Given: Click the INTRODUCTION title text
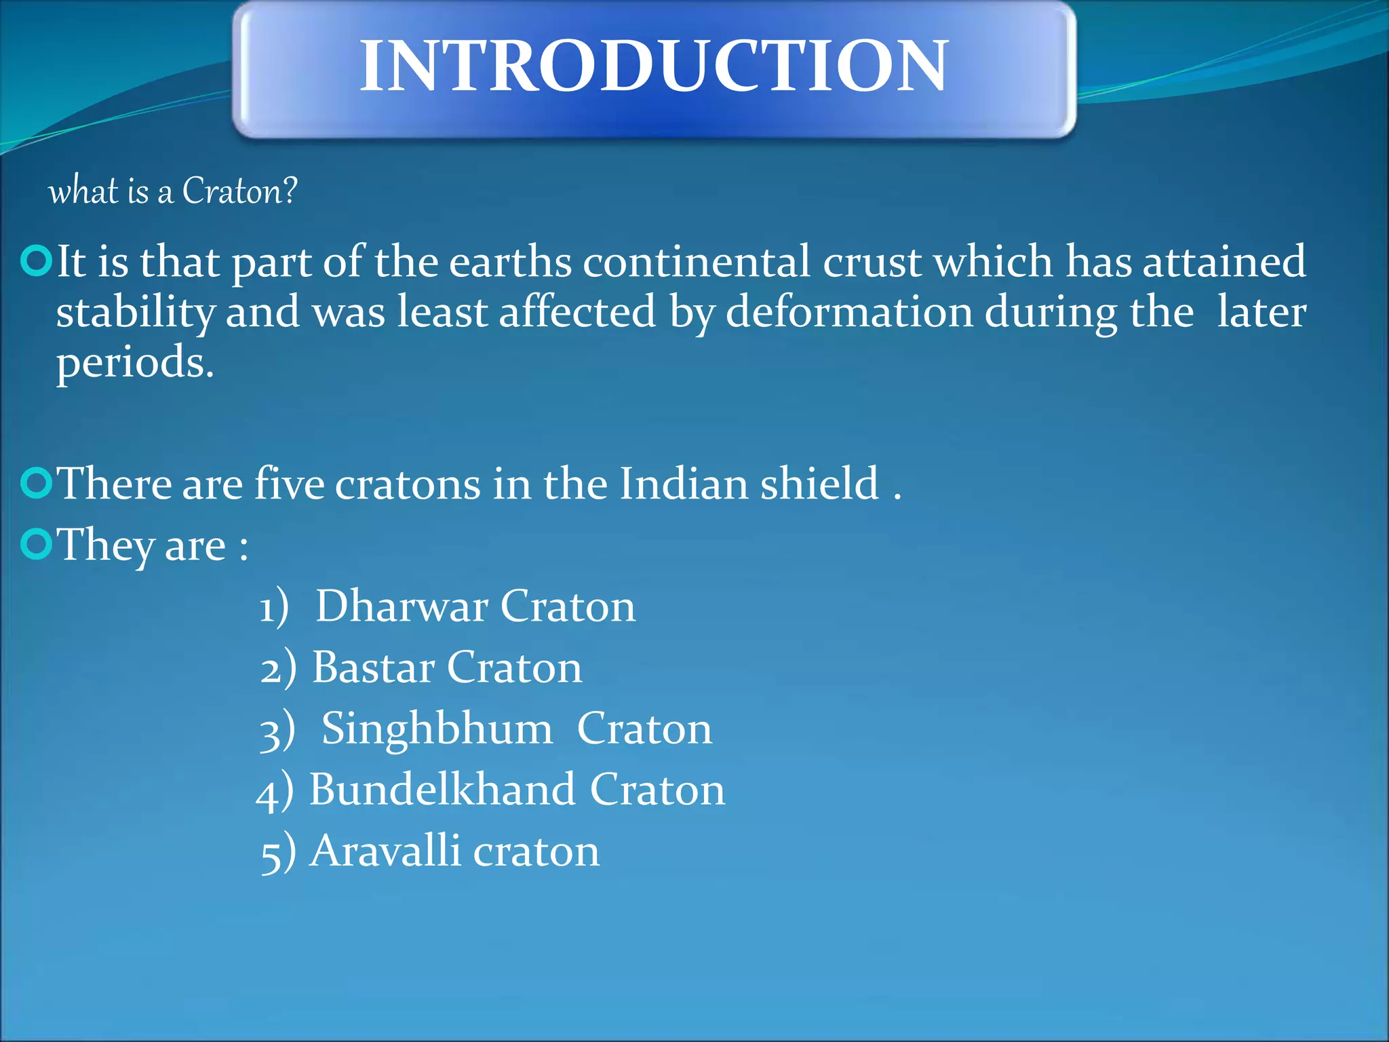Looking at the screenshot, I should (x=653, y=66).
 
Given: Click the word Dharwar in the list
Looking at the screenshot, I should (x=402, y=606).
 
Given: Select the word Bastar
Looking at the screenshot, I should (x=373, y=668).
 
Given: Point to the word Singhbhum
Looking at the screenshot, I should (x=437, y=729).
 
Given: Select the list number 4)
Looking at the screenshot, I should (x=275, y=792).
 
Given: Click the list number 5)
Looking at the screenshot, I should (x=278, y=853).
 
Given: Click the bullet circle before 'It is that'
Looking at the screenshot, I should (x=36, y=262).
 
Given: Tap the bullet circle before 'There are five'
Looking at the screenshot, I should (x=36, y=484).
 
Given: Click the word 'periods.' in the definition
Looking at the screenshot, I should (x=135, y=363).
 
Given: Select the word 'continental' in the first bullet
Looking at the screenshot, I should (x=697, y=261).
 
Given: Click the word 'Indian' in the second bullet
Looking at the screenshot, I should (x=684, y=484).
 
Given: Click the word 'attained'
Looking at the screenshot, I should (x=1224, y=261).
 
